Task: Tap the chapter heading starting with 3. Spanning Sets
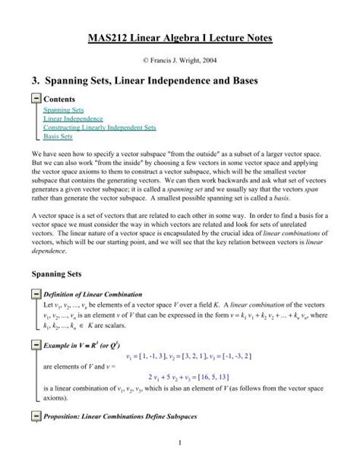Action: click(x=180, y=79)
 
